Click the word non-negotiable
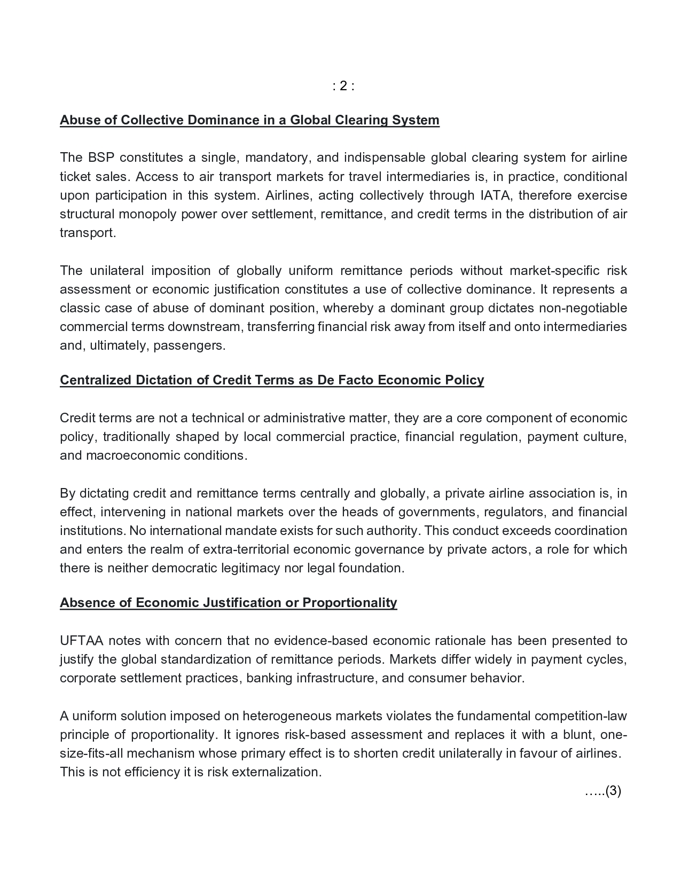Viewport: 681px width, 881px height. point(583,308)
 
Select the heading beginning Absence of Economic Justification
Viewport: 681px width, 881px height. point(228,603)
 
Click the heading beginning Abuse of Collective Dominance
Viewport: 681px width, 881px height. point(249,120)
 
